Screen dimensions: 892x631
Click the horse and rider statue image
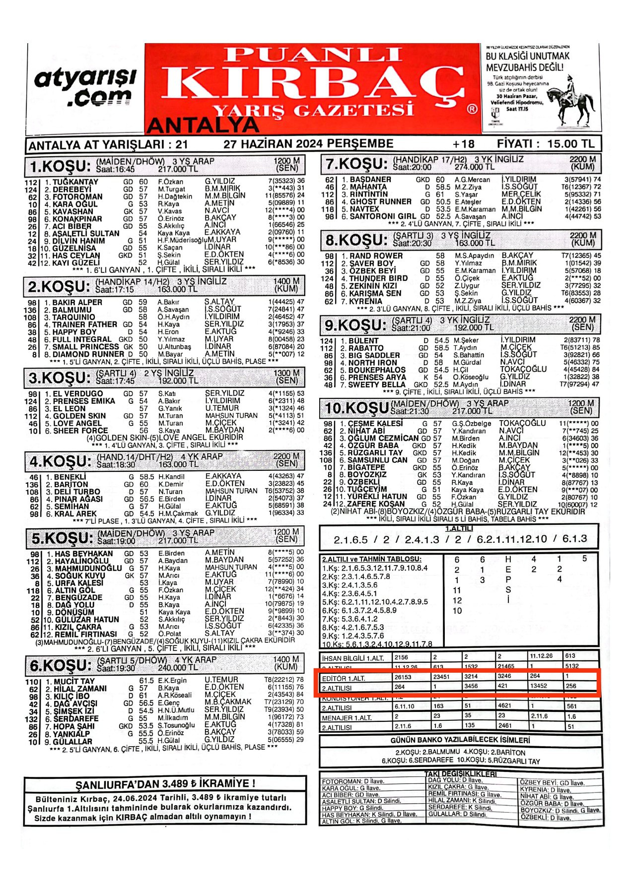point(575,101)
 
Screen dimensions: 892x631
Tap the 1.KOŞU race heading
point(60,166)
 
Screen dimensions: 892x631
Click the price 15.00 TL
point(570,144)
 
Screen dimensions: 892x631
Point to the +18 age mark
point(463,144)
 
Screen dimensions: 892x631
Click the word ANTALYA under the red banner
point(203,126)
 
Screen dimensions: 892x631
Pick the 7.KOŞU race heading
point(355,164)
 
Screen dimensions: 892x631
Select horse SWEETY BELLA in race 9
point(377,384)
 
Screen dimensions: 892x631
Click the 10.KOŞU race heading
point(356,408)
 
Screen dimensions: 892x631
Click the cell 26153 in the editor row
point(403,677)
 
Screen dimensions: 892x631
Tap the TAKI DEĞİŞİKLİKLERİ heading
point(460,774)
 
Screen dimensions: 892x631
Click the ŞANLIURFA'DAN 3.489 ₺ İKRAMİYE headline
point(165,784)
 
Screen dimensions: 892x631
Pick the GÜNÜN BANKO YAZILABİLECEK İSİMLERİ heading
point(460,740)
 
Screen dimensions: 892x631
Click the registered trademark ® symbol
point(472,109)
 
